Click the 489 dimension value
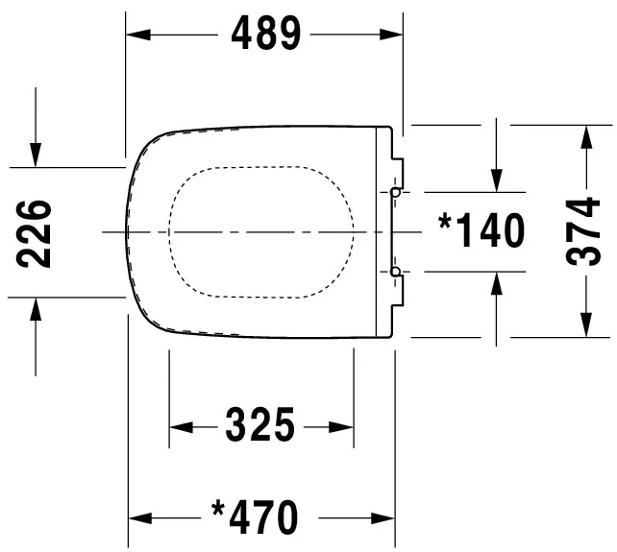point(266,35)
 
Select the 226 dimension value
point(36,232)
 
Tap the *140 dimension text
point(481,230)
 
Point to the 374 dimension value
point(585,232)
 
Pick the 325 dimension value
point(260,424)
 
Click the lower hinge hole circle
point(395,274)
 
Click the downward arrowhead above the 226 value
point(36,154)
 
